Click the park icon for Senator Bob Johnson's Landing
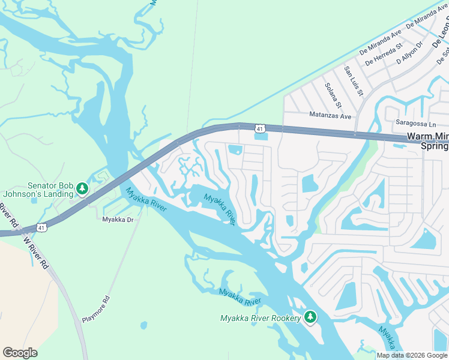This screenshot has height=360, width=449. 82,190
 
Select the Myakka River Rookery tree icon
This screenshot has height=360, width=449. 310,317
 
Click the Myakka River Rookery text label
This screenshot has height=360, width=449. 260,318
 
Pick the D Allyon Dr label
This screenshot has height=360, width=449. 410,53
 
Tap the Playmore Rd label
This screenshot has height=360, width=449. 97,309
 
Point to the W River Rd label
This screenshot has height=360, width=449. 35,253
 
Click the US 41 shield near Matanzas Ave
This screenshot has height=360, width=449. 259,128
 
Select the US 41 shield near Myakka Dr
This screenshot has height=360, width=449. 41,227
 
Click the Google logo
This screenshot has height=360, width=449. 20,353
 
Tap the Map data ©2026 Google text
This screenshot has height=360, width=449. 411,355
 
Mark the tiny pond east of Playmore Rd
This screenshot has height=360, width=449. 145,325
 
